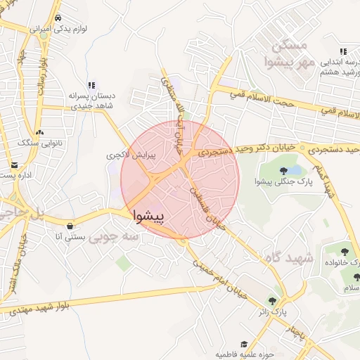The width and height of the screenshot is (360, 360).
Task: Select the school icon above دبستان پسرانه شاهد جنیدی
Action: click(x=91, y=84)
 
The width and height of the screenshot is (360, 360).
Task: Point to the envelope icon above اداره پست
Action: click(x=15, y=165)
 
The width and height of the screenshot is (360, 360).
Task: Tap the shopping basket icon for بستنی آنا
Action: click(x=70, y=226)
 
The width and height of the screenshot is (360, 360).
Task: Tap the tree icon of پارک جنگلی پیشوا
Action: click(x=283, y=170)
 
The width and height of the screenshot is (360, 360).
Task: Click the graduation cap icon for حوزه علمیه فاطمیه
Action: click(x=244, y=344)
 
